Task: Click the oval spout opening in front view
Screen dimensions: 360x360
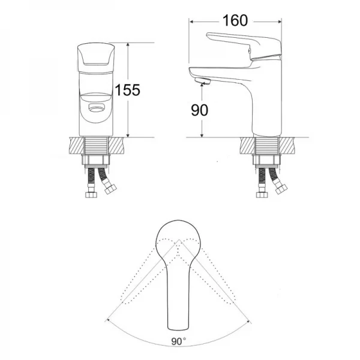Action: click(95, 108)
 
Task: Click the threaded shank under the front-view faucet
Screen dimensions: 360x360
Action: click(96, 146)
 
